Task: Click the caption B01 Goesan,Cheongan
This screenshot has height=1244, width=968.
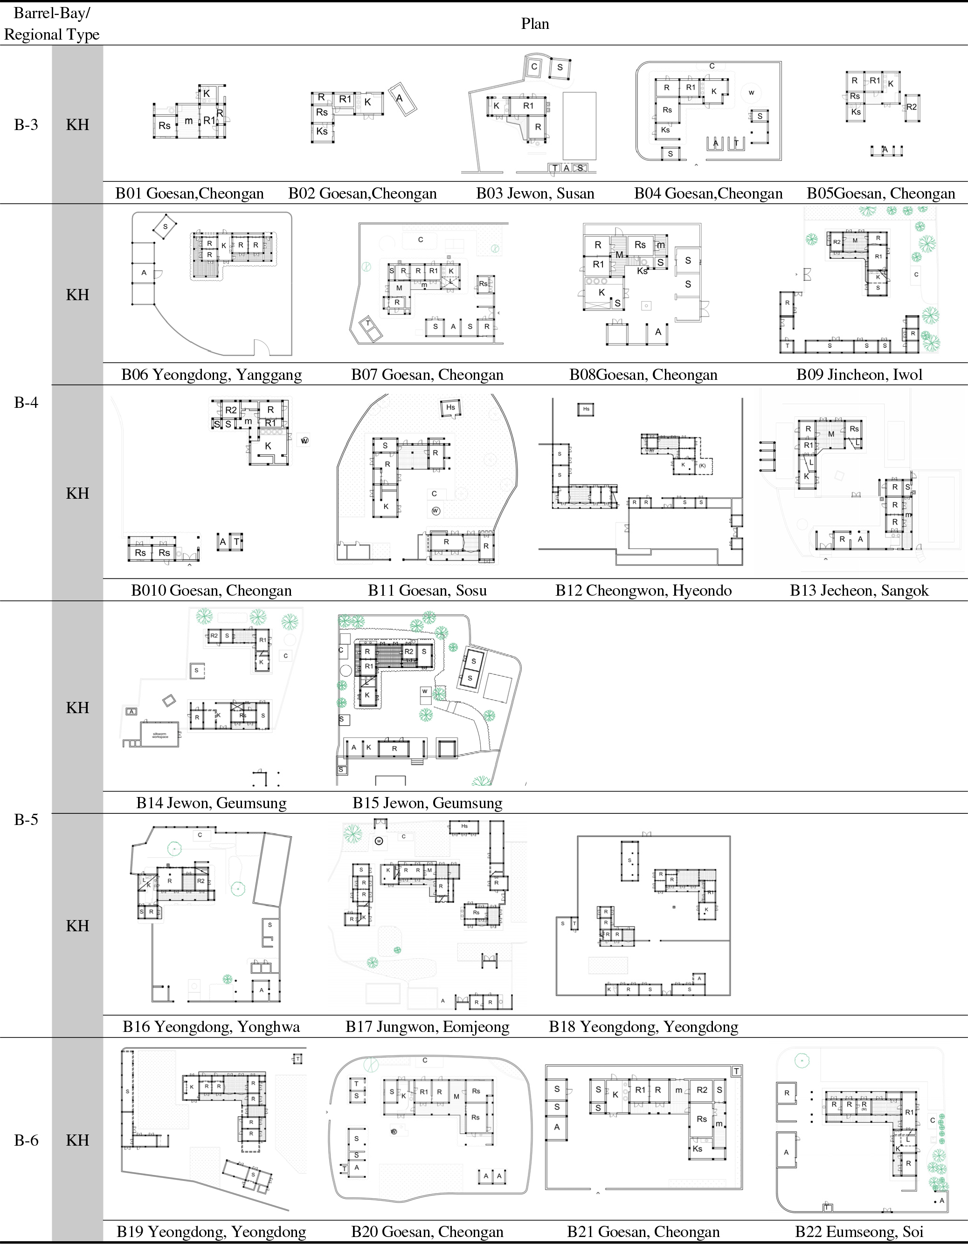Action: (x=189, y=194)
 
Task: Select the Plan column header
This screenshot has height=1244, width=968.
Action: (x=534, y=24)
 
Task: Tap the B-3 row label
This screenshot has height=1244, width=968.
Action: (x=26, y=125)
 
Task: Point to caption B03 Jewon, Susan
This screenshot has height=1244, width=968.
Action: (x=534, y=194)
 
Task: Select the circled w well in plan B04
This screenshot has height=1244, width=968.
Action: (x=751, y=92)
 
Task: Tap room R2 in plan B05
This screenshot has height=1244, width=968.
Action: (x=911, y=107)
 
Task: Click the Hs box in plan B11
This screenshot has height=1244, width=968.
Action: (x=450, y=407)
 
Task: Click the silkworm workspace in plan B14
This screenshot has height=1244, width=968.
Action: (x=160, y=735)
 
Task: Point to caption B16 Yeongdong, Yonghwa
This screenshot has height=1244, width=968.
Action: (x=211, y=1026)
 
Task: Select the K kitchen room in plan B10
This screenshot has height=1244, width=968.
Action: (x=268, y=446)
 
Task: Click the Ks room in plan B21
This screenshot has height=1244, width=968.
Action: (x=698, y=1149)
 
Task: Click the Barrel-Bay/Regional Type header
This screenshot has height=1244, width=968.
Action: (x=51, y=24)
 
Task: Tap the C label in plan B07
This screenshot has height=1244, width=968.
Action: (x=421, y=240)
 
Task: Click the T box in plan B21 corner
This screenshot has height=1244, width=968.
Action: (x=736, y=1071)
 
